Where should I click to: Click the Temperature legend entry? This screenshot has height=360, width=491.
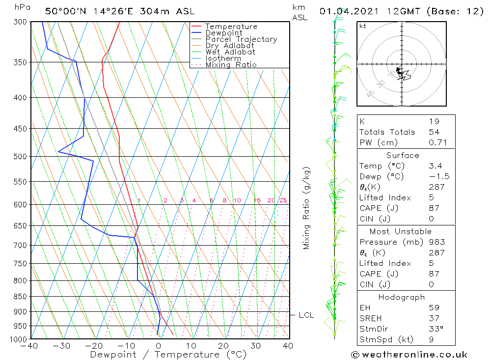click(231, 27)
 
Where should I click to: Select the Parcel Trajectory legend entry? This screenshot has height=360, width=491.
click(241, 39)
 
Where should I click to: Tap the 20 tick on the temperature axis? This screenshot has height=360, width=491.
click(223, 346)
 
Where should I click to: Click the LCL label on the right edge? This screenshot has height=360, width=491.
click(306, 315)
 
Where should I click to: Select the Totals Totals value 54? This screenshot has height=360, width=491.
click(434, 132)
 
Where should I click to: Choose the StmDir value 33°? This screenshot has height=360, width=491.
click(436, 329)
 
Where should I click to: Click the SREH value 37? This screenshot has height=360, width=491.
click(434, 318)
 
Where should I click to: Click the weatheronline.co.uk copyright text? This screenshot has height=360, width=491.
click(409, 355)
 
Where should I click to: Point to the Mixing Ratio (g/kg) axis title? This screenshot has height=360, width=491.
click(306, 208)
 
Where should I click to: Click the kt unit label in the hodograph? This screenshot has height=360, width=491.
click(363, 26)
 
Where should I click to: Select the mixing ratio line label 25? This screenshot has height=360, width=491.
click(283, 200)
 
